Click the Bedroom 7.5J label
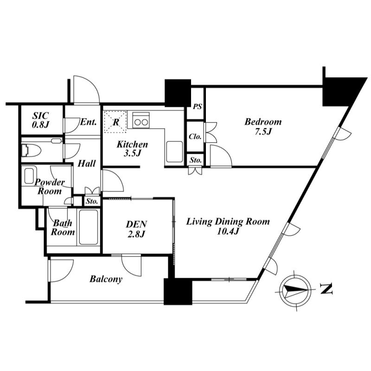tap(263, 127)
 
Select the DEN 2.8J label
tap(137, 229)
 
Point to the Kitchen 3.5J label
tap(132, 148)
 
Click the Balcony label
tap(106, 279)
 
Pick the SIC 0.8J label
tap(40, 120)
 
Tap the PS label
tap(197, 107)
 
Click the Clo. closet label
tap(195, 136)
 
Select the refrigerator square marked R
tap(115, 122)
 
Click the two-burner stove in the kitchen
tap(141, 120)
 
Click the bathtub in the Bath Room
tap(89, 227)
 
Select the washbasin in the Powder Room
tap(29, 176)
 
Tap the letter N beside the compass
tap(326, 288)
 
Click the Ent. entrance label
tap(88, 122)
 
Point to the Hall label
tap(87, 164)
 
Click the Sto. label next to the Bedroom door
tap(196, 160)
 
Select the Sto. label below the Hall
tap(92, 201)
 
